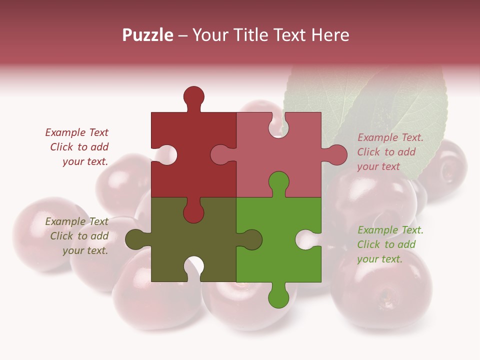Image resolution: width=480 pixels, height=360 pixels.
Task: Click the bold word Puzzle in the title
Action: (x=148, y=35)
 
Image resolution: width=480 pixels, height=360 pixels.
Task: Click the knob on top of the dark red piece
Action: (x=193, y=96)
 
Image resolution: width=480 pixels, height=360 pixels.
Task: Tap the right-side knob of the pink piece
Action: (x=336, y=155)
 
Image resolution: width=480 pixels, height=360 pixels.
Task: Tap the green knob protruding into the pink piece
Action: (x=278, y=182)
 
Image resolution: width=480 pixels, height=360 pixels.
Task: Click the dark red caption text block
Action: (x=77, y=147)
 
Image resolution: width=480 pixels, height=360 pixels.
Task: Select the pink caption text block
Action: (x=390, y=152)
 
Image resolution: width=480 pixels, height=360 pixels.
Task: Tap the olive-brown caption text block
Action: (x=77, y=236)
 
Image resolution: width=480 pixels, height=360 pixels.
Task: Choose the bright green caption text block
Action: (x=390, y=244)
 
